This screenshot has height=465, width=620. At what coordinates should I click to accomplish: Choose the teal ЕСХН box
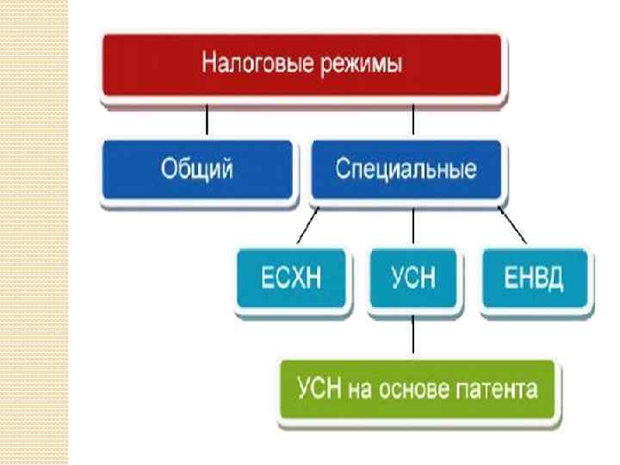point(294,279)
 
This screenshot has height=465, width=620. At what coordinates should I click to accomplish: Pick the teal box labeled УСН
point(413,279)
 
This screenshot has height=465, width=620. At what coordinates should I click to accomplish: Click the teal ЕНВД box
point(536,279)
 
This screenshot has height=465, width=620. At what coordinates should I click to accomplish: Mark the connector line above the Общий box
point(207,121)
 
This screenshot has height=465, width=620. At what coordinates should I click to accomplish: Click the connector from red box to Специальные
point(413,121)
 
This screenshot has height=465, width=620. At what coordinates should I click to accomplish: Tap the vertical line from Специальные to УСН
point(413,228)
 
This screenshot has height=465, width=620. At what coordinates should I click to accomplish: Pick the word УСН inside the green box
point(319,389)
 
